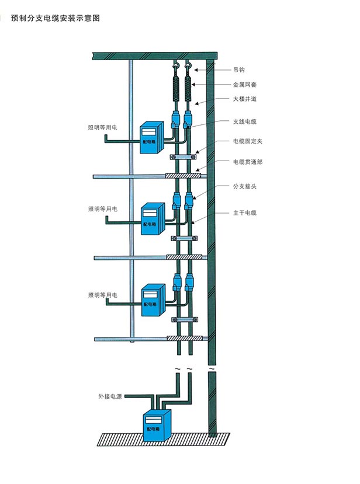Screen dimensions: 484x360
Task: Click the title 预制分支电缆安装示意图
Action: pos(56,18)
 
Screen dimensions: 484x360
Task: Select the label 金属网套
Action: pos(244,85)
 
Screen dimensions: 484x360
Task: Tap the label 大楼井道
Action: pos(244,99)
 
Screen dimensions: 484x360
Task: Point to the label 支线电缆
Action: pos(244,121)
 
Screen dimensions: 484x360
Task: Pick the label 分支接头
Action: pos(244,187)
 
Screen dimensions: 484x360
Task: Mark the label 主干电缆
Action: pos(244,213)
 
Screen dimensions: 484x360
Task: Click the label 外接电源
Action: pos(110,396)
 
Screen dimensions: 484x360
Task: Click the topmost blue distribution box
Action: pos(152,138)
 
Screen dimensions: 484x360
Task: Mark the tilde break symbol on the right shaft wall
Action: pos(212,369)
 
